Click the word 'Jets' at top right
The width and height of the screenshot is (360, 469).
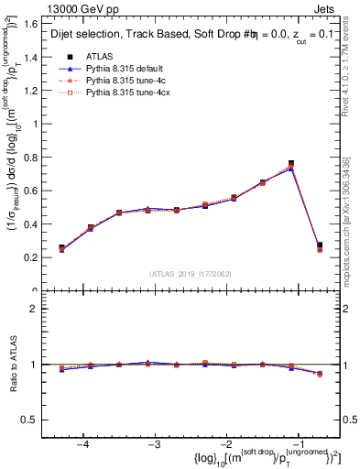324,8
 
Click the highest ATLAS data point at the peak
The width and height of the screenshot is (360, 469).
291,163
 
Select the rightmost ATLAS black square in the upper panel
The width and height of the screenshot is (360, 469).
319,245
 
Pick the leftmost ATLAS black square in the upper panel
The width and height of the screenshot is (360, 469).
61,247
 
